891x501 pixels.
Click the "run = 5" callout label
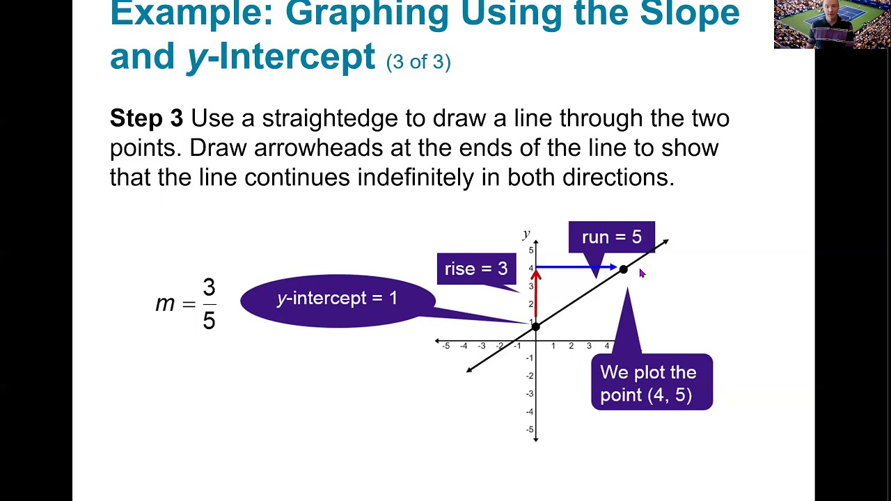pyautogui.click(x=611, y=237)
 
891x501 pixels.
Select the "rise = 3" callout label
pyautogui.click(x=476, y=269)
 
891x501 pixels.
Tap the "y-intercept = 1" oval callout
pyautogui.click(x=338, y=299)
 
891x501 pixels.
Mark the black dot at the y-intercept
pyautogui.click(x=535, y=326)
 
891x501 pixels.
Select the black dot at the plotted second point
pyautogui.click(x=624, y=270)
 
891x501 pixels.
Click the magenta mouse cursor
pyautogui.click(x=642, y=274)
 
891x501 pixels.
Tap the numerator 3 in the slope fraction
pyautogui.click(x=209, y=287)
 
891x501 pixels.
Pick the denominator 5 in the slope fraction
pyautogui.click(x=209, y=320)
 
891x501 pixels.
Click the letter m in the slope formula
pyautogui.click(x=165, y=304)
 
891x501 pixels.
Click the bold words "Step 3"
pyautogui.click(x=146, y=118)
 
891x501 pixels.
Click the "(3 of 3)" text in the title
pyautogui.click(x=418, y=62)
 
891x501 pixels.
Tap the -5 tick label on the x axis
pyautogui.click(x=445, y=346)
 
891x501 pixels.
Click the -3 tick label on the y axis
pyautogui.click(x=529, y=394)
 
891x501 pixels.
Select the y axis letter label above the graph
pyautogui.click(x=526, y=234)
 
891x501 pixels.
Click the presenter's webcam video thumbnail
pyautogui.click(x=832, y=24)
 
